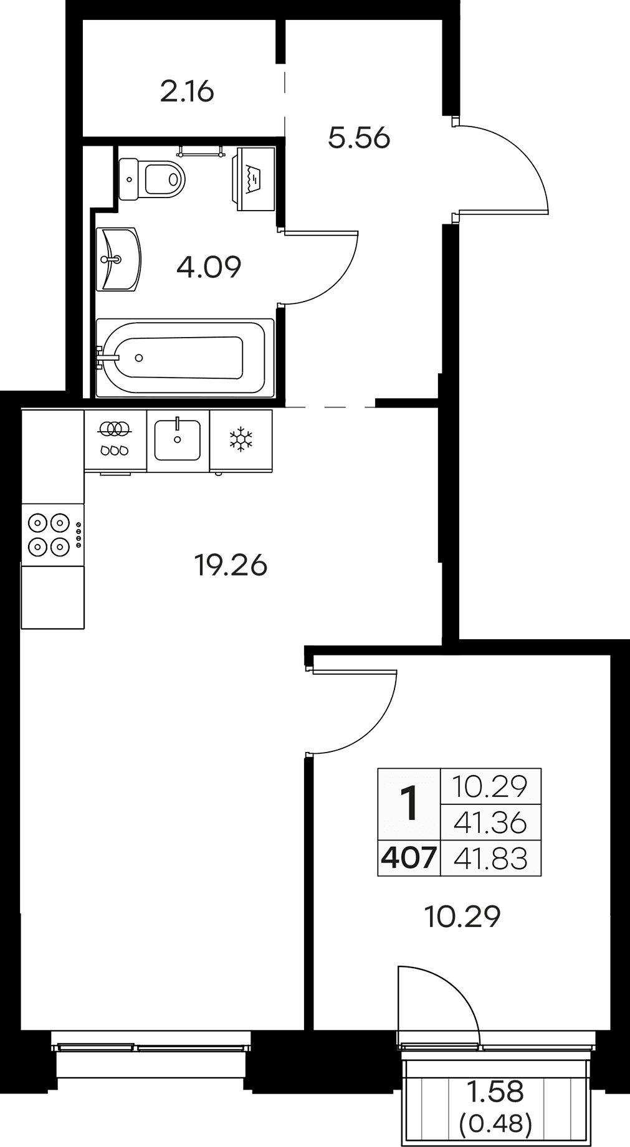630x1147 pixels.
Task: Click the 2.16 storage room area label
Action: (x=187, y=92)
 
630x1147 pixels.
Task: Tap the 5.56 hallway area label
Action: (x=359, y=138)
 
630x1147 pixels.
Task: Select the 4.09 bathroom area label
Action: (x=209, y=267)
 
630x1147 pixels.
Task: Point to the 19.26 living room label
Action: (x=231, y=566)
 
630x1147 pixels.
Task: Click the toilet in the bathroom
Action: (x=152, y=179)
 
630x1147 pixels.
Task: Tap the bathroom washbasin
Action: (x=119, y=259)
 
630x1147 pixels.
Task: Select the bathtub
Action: (x=185, y=357)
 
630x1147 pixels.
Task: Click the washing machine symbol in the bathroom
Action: (x=255, y=179)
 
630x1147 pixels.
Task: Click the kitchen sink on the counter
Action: (x=178, y=440)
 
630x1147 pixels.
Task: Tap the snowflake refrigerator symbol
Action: (x=241, y=439)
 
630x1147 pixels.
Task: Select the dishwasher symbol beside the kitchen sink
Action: (x=115, y=439)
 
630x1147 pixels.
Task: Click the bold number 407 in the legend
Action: (x=409, y=859)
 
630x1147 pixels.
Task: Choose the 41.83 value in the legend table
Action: (x=490, y=859)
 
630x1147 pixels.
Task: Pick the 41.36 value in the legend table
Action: (x=490, y=823)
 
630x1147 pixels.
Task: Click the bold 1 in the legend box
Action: (x=409, y=804)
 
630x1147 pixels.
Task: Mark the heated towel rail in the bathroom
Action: (x=200, y=150)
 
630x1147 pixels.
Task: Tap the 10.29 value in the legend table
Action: (x=490, y=787)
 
